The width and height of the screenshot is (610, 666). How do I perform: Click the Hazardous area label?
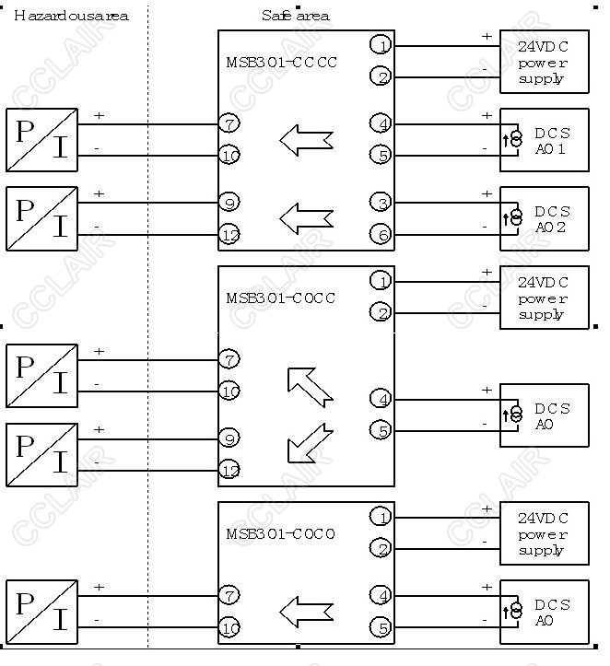tap(71, 16)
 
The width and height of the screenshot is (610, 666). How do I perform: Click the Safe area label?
tap(294, 16)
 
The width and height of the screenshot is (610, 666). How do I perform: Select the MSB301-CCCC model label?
tap(281, 63)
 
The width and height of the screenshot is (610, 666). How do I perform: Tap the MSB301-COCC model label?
tap(281, 298)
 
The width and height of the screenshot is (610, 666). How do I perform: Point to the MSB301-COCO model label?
tap(281, 534)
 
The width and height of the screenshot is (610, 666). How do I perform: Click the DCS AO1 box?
tap(544, 140)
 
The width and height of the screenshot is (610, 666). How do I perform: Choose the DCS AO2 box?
tap(544, 218)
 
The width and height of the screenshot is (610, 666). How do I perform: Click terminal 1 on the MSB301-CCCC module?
tap(381, 44)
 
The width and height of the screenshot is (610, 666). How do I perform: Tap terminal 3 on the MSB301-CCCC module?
tap(381, 202)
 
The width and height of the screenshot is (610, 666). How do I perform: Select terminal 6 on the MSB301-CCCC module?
tap(381, 234)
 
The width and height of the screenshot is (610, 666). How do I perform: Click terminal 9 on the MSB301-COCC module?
tap(229, 438)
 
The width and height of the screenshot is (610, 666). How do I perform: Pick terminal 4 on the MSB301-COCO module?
tap(381, 595)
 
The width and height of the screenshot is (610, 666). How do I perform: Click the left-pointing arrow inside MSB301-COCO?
tap(305, 610)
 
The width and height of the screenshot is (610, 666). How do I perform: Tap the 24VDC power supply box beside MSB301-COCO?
tap(544, 533)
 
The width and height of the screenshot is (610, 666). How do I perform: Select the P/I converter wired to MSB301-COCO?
tap(41, 611)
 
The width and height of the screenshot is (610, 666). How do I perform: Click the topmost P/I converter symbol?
tap(41, 140)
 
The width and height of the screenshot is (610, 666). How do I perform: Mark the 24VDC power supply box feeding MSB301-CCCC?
tap(544, 62)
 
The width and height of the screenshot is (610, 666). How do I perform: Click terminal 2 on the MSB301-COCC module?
tap(381, 312)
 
